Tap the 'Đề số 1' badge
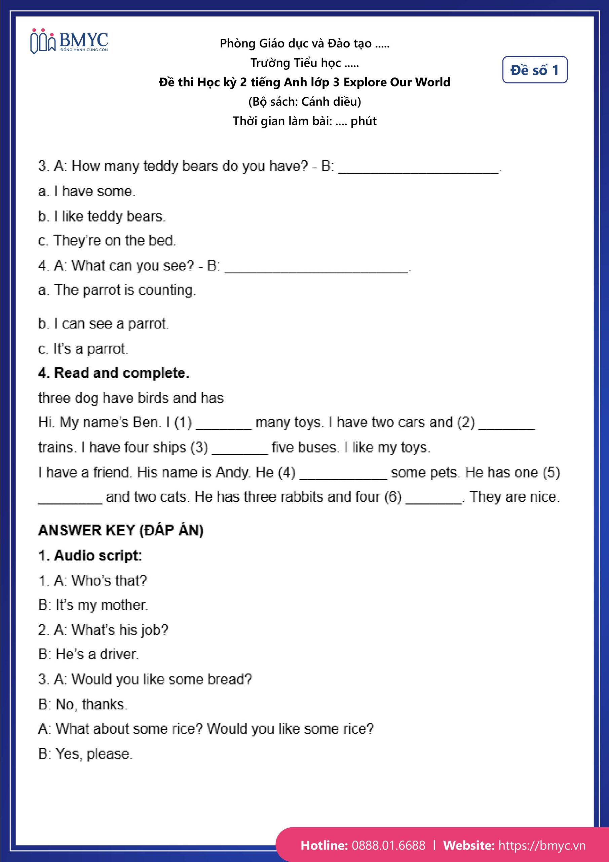[x=534, y=70]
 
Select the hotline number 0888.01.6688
[x=388, y=845]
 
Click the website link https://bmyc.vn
[x=541, y=845]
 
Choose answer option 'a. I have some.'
[x=87, y=192]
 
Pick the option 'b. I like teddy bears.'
[x=102, y=216]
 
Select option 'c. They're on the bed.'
[x=107, y=241]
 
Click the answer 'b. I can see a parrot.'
[x=104, y=324]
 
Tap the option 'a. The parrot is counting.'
[x=117, y=290]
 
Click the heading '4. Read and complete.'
[x=114, y=373]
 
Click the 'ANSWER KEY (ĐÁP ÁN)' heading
[x=121, y=530]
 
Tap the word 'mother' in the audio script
[x=124, y=605]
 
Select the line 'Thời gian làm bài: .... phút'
[x=305, y=121]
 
